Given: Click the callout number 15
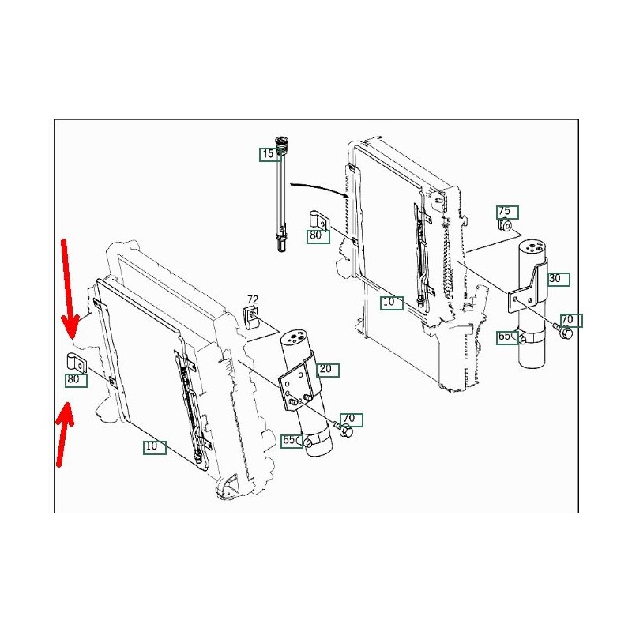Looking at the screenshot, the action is pos(268,153).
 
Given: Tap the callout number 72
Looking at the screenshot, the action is pos(253,299).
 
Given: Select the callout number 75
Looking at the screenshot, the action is pos(504,211).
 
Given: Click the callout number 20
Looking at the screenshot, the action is pos(325,368).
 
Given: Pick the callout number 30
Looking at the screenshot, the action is pos(555,278).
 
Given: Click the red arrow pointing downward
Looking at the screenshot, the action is pos(69,288).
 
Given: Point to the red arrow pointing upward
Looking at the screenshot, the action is pos(64,434).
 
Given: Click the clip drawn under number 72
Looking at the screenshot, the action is pos(251,317).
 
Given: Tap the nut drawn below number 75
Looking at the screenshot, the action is pos(505,225).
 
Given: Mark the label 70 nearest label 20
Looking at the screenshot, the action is pos(349,419).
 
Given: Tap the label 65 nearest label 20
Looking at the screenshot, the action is pos(289,440).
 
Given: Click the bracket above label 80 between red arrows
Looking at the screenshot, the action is pos(77,363).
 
